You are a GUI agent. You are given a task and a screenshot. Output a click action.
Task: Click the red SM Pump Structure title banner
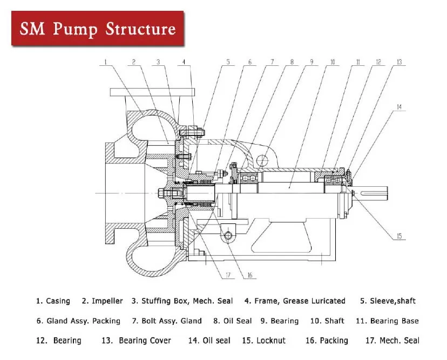click(98, 28)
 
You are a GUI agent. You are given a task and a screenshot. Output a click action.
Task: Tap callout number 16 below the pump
click(249, 275)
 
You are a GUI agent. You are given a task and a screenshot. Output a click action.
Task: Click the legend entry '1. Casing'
click(53, 301)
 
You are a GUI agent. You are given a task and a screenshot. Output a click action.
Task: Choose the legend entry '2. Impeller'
click(103, 301)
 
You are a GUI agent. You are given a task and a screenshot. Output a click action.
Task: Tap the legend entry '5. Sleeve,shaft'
click(388, 301)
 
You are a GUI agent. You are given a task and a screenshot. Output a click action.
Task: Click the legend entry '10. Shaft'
click(327, 321)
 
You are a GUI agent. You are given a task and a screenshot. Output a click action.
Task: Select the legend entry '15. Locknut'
click(263, 341)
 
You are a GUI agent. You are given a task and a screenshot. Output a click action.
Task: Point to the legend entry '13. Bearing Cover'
click(136, 341)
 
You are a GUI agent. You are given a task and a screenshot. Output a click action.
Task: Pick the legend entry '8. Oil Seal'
click(232, 321)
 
